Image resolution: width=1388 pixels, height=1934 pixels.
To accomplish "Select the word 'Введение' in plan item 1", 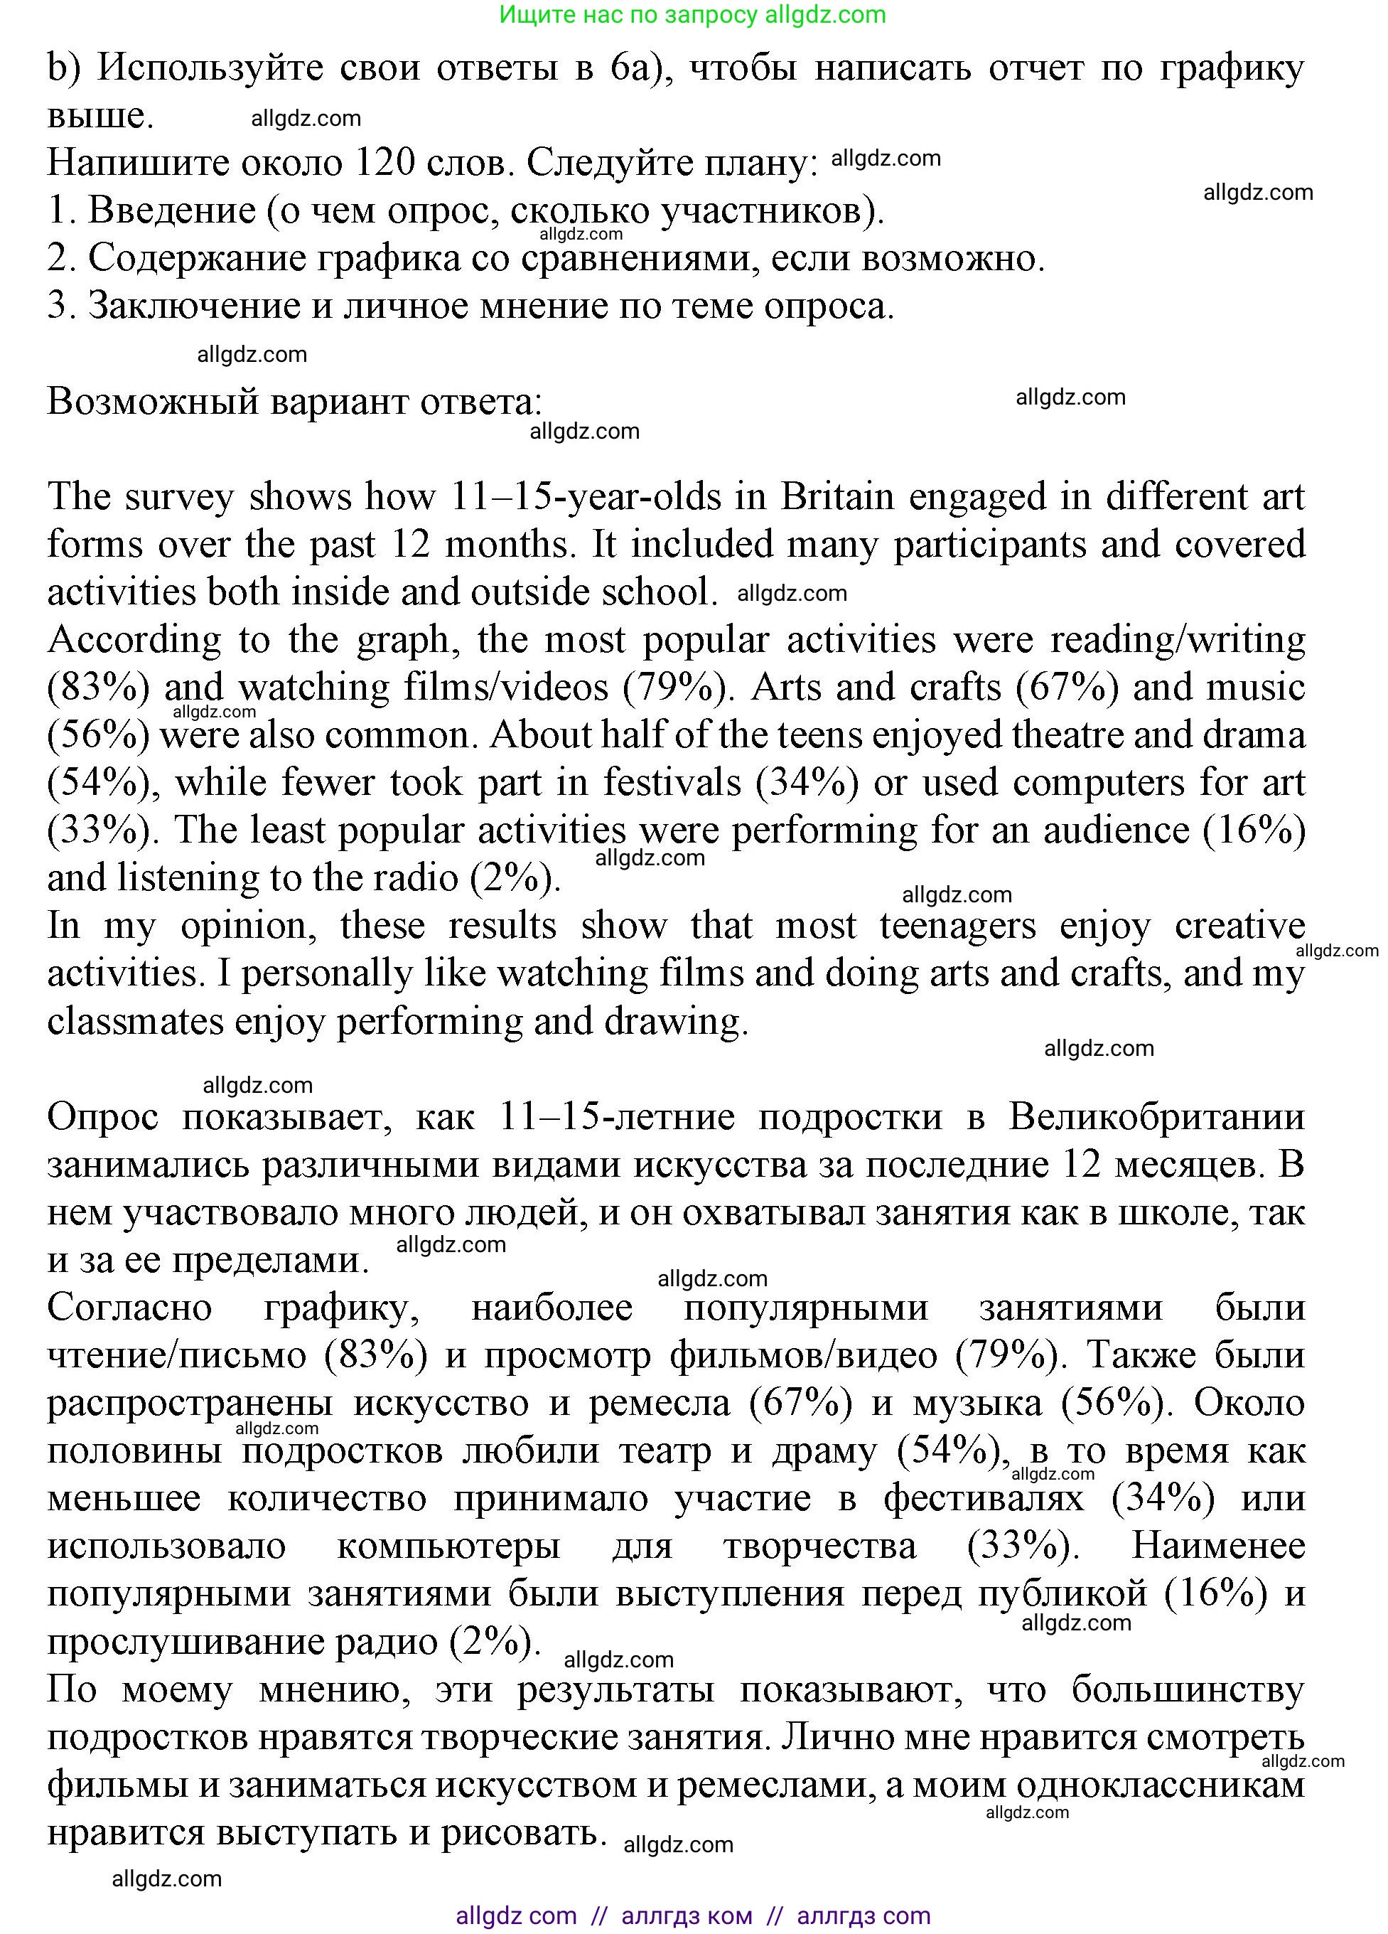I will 171,210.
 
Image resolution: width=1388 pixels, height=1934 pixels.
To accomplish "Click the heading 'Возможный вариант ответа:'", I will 294,401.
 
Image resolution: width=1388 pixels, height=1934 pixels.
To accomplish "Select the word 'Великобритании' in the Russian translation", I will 1156,1116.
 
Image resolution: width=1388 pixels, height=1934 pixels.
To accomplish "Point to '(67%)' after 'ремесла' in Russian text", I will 800,1403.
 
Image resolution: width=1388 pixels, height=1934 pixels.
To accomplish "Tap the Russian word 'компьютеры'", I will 448,1546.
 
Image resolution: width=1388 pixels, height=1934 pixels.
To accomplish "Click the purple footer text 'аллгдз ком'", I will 687,1916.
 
